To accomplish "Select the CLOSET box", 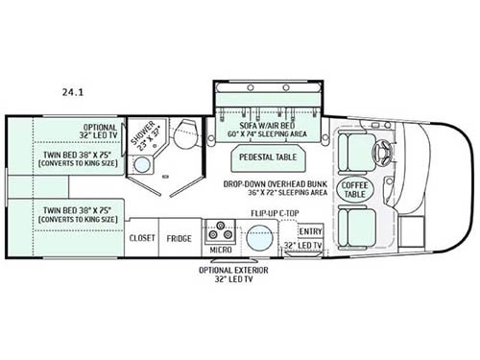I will click(142, 237).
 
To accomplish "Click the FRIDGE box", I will click(178, 237).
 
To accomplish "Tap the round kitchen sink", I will click(257, 236).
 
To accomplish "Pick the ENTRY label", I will click(310, 231).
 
